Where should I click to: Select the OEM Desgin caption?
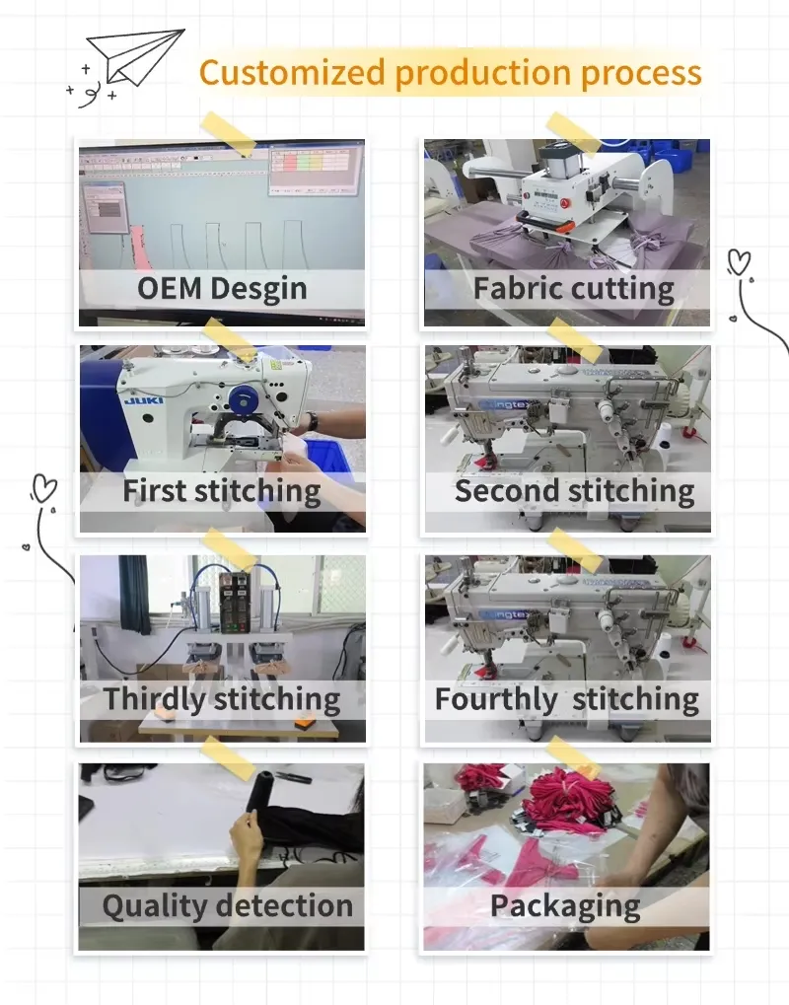(222, 288)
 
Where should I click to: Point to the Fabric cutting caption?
(574, 288)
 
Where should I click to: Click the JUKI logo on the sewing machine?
(144, 400)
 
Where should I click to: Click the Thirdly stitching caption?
(222, 698)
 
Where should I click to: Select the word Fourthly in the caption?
(496, 698)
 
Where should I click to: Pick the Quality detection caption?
(228, 906)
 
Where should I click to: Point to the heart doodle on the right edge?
(739, 262)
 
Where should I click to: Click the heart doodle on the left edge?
(44, 488)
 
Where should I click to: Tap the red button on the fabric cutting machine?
(565, 203)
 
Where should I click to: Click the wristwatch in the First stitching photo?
(312, 422)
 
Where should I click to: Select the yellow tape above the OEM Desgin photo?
(228, 134)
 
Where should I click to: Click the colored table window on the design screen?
(312, 170)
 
